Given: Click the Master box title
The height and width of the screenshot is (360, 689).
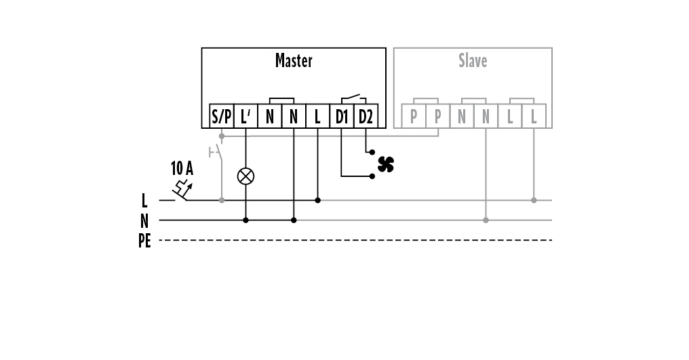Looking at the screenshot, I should (x=294, y=61).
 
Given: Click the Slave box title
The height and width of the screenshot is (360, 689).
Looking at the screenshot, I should (x=472, y=61).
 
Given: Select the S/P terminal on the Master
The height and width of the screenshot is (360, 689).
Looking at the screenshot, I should (x=221, y=117).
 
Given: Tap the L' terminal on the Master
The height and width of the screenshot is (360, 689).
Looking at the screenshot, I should (x=245, y=117).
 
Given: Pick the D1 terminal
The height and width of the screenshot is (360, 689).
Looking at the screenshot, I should (x=341, y=117).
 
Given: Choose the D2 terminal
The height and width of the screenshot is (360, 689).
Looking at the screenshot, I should (x=366, y=117).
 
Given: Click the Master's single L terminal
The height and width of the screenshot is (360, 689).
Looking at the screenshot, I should (x=317, y=117).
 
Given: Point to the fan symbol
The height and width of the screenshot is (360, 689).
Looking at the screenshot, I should (x=385, y=164).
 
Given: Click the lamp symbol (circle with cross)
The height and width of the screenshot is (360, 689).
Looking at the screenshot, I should (x=245, y=176).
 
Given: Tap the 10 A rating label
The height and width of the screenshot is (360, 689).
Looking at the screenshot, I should (x=182, y=167).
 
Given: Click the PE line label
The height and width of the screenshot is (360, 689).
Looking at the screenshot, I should (x=144, y=241).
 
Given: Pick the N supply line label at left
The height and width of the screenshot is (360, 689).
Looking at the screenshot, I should (x=144, y=220).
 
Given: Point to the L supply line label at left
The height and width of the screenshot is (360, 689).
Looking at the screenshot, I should (x=144, y=201).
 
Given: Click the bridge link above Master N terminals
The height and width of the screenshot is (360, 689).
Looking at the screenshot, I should (x=281, y=100).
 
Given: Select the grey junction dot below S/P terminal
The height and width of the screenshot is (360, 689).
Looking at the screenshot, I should (x=221, y=136).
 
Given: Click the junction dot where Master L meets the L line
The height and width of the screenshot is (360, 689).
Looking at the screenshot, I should (x=317, y=201).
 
